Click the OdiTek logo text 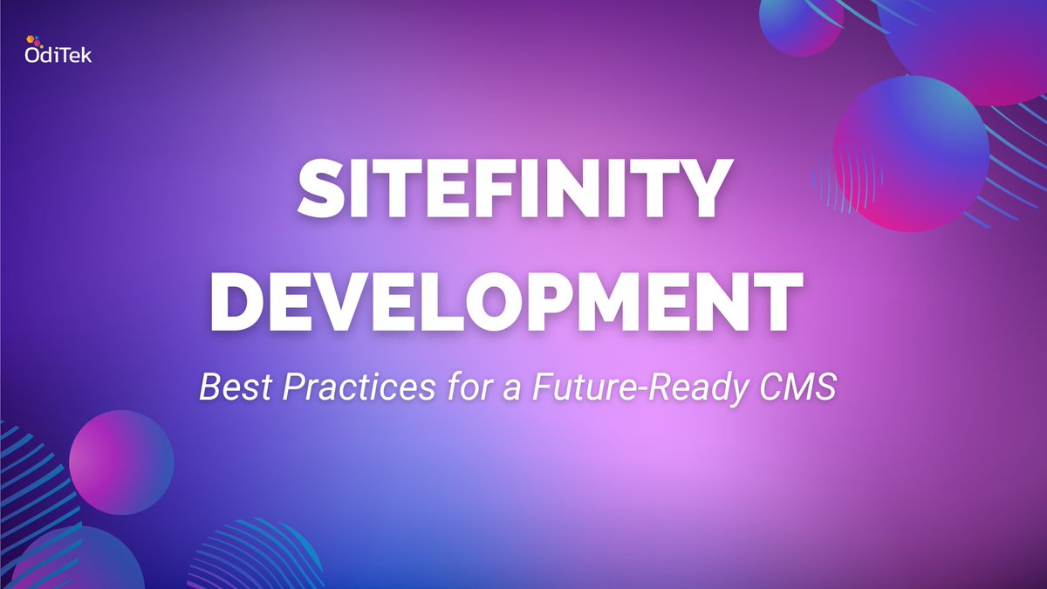[x=58, y=56]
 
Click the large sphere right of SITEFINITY [x=911, y=153]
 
